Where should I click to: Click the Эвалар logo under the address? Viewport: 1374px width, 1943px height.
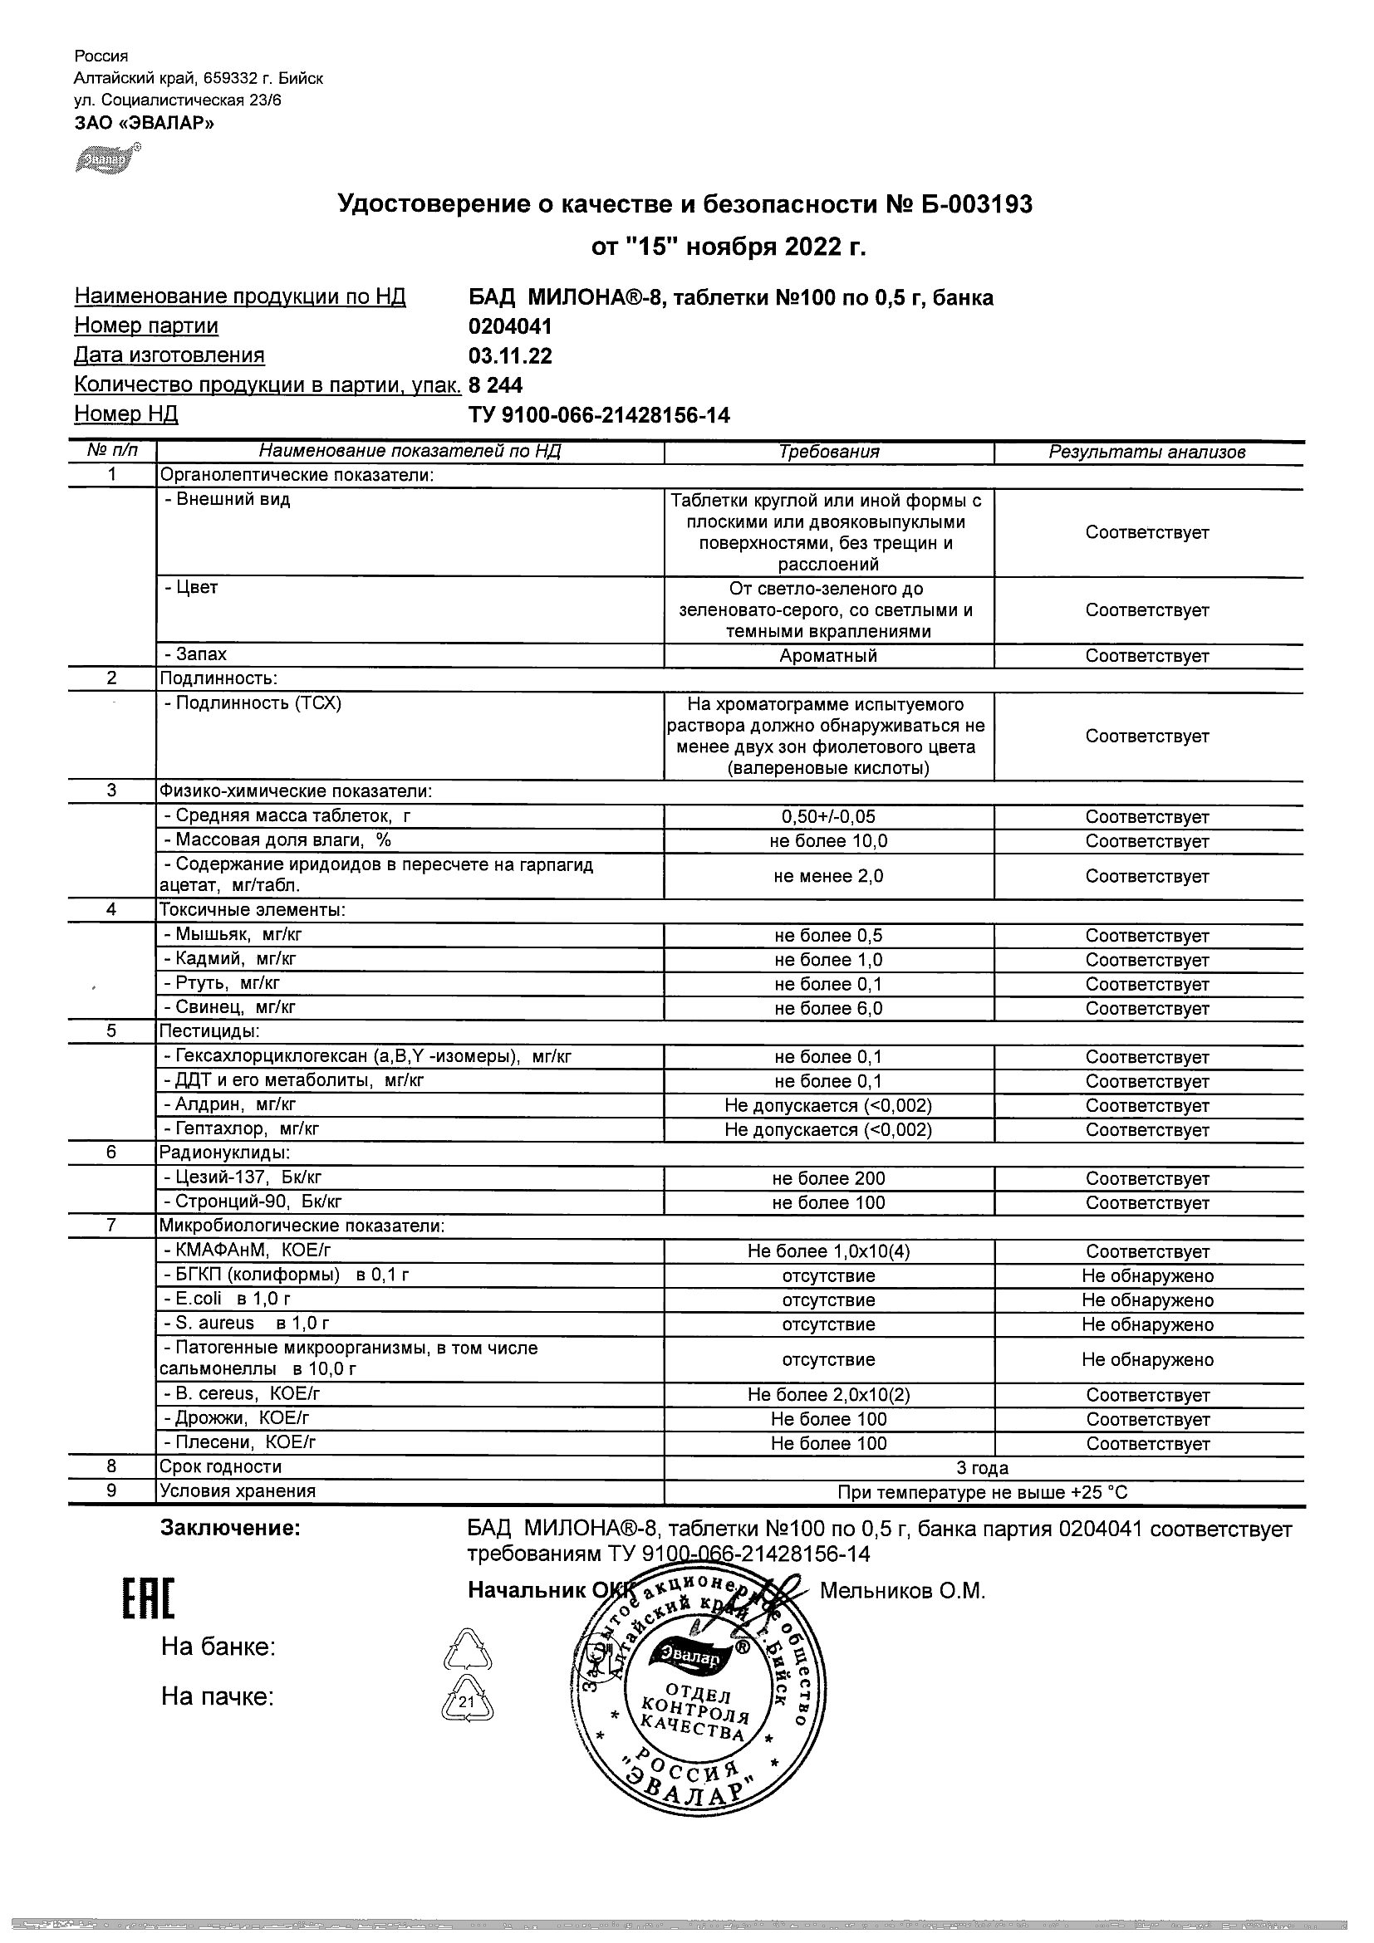(x=106, y=159)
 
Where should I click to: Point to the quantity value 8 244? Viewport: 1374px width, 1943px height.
(x=495, y=385)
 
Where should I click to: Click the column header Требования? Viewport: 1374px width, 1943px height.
(x=828, y=452)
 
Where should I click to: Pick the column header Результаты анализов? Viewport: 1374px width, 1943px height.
(x=1147, y=452)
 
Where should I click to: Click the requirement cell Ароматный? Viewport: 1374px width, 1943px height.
(x=828, y=656)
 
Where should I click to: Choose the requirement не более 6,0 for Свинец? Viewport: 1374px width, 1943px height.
(x=828, y=1008)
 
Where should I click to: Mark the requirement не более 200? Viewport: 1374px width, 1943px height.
(x=828, y=1178)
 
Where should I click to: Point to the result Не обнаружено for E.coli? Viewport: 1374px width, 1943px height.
(x=1147, y=1299)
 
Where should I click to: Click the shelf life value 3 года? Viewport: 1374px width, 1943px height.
(x=982, y=1468)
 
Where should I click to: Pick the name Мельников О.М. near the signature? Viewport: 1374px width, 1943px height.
(x=902, y=1591)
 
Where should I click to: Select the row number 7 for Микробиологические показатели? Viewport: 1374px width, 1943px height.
(x=111, y=1226)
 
